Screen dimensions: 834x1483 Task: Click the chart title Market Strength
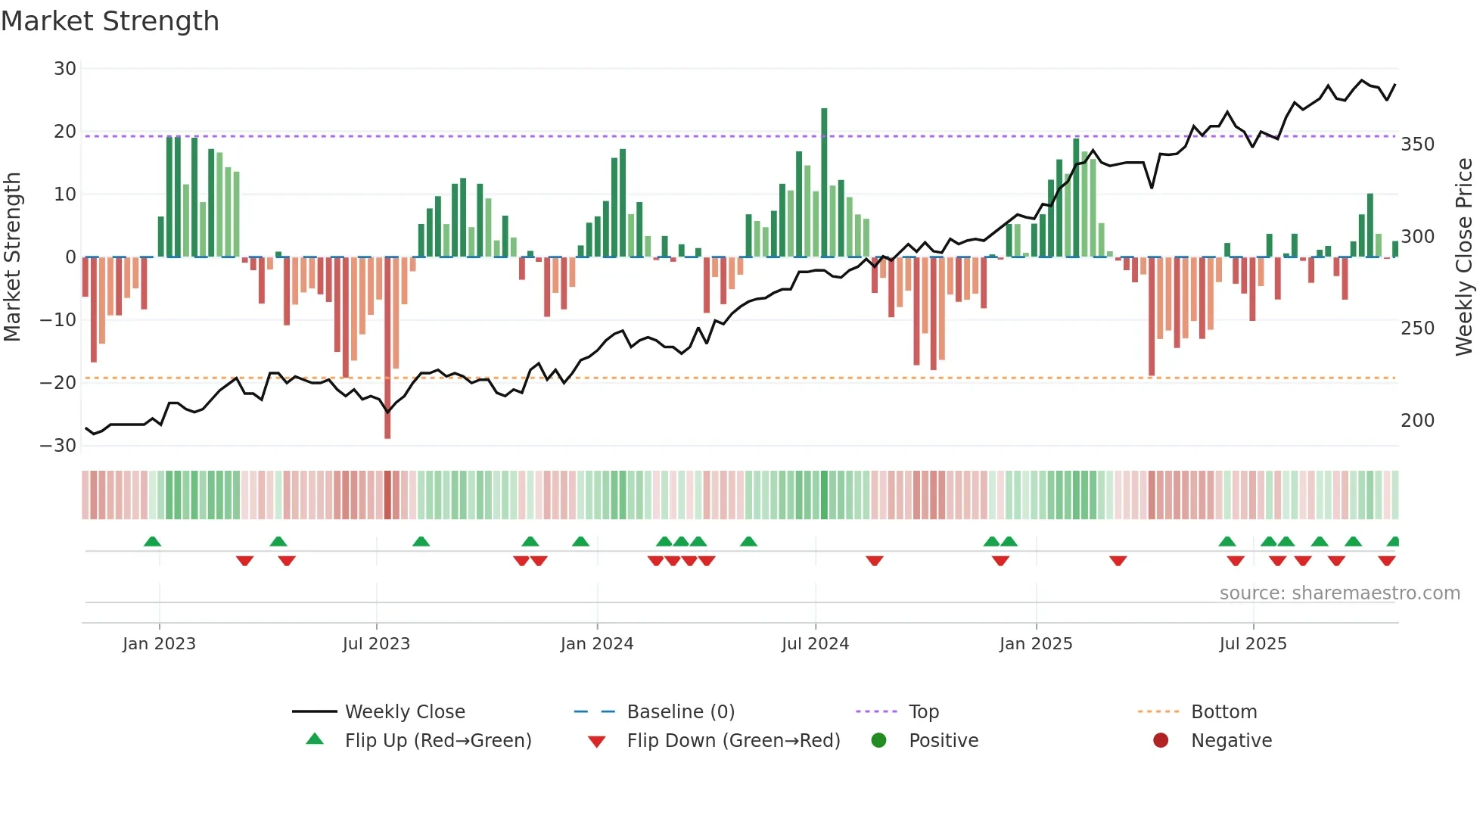click(x=110, y=21)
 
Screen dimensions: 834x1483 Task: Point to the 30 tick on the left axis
click(x=65, y=69)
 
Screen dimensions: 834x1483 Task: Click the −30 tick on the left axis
click(x=58, y=446)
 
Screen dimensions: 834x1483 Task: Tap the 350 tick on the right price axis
click(x=1417, y=145)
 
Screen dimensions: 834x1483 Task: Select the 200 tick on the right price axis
click(x=1417, y=421)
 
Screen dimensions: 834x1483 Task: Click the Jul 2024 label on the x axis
click(x=815, y=644)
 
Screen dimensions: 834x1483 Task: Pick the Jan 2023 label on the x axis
click(x=159, y=644)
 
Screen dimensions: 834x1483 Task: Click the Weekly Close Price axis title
click(x=1464, y=257)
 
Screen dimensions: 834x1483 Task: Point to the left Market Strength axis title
click(x=12, y=257)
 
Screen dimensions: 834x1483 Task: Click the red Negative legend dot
click(x=1161, y=740)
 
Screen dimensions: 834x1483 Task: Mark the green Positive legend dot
click(x=878, y=740)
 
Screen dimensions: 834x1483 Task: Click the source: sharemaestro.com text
click(x=1339, y=593)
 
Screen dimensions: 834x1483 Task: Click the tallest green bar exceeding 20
click(x=824, y=182)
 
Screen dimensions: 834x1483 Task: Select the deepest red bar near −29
click(x=387, y=348)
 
